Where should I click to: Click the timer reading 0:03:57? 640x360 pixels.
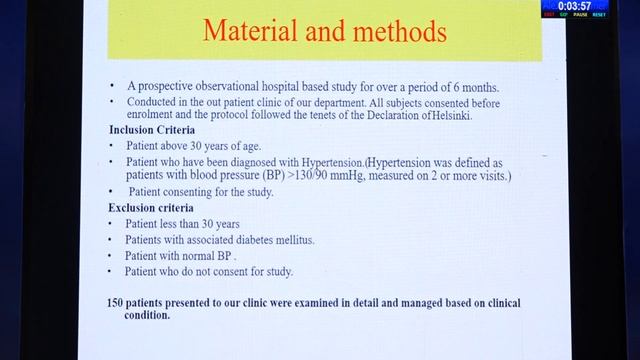click(x=579, y=6)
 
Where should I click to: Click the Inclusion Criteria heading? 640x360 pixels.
click(x=152, y=130)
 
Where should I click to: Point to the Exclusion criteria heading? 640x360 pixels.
click(x=153, y=207)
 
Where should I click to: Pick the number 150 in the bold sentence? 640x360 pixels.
click(x=117, y=302)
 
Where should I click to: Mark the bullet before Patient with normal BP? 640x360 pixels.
click(x=114, y=256)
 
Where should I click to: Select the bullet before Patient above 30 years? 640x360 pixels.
click(x=114, y=145)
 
